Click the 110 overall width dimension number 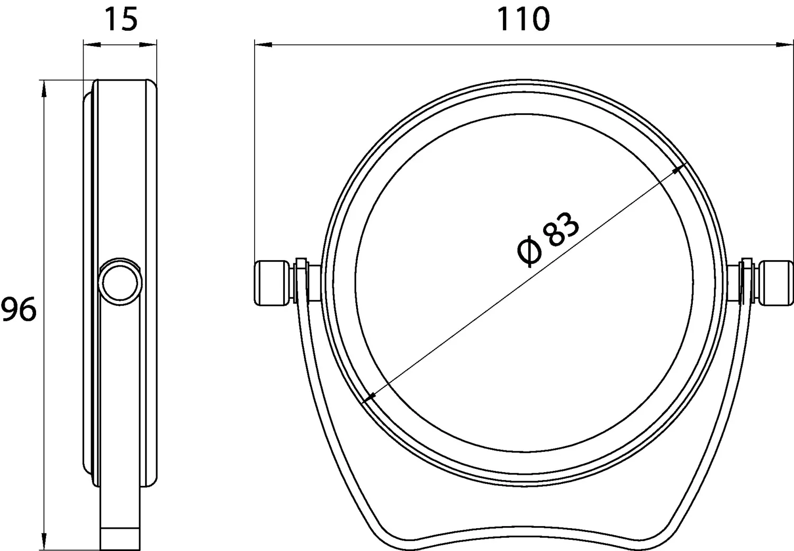524,19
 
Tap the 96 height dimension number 19,309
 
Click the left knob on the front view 272,283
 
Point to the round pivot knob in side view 120,282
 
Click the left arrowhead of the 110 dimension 263,45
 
